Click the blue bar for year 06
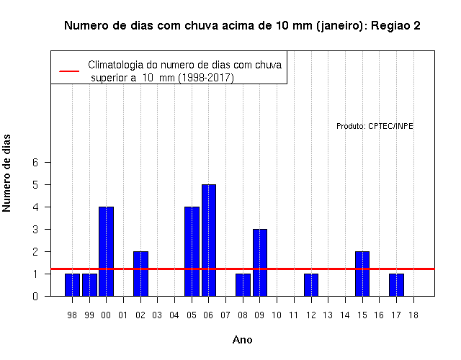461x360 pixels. [x=209, y=240]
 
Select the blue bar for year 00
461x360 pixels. [x=107, y=251]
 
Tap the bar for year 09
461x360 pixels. [x=260, y=262]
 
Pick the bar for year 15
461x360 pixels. [x=362, y=274]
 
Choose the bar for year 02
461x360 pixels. [x=140, y=274]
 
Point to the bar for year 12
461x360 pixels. [x=311, y=285]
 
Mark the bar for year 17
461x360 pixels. [x=396, y=285]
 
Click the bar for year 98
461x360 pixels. [x=72, y=285]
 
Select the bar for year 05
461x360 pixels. [x=192, y=251]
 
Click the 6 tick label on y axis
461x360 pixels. [x=35, y=162]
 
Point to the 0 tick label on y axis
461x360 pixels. [x=35, y=296]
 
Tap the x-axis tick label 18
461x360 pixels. [x=413, y=315]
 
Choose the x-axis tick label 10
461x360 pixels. [x=277, y=315]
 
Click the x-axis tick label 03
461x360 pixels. [x=157, y=315]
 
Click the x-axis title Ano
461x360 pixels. [x=243, y=340]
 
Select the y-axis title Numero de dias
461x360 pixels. [x=6, y=173]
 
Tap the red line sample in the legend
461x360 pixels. [x=69, y=71]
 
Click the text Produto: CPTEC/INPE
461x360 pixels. [x=375, y=126]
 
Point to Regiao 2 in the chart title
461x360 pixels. [x=395, y=26]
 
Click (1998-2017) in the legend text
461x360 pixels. [x=207, y=78]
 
